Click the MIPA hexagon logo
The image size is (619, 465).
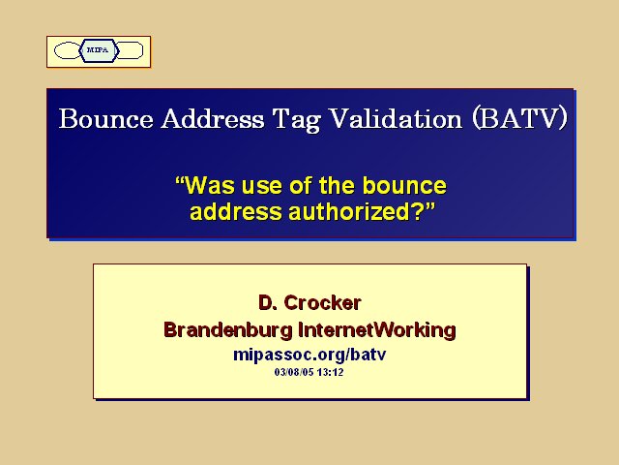[99, 50]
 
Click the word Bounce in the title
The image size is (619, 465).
[105, 118]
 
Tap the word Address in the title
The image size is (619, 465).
[213, 118]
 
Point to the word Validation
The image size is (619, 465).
[396, 118]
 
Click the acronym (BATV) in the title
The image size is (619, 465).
[520, 118]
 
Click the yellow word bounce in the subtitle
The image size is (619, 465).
[404, 185]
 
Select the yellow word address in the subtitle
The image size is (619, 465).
[236, 211]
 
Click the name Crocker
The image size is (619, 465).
[322, 303]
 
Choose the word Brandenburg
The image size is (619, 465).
[228, 330]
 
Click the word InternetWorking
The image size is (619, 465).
[377, 329]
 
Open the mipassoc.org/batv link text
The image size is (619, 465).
[309, 355]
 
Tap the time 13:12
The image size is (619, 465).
[330, 372]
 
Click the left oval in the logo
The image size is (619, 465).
[67, 50]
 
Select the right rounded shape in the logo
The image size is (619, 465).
[130, 50]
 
